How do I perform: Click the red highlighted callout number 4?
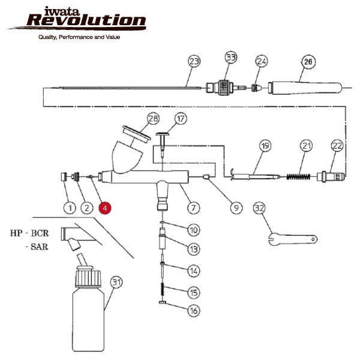[104, 208]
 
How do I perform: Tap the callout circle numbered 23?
[193, 62]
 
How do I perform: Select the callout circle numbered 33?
[231, 58]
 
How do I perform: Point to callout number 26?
[308, 61]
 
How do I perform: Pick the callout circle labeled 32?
[259, 208]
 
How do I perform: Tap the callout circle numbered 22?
[337, 146]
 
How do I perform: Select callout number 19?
[266, 146]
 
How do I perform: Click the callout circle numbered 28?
[154, 118]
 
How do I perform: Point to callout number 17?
[181, 118]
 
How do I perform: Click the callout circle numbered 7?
[193, 208]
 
